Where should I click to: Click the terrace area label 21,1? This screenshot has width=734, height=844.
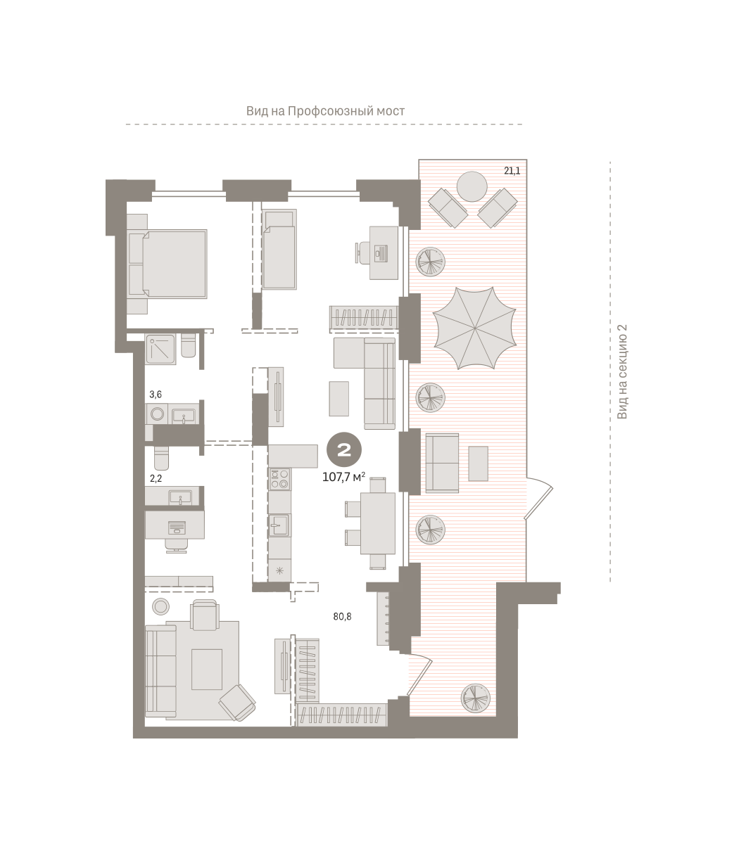(x=512, y=171)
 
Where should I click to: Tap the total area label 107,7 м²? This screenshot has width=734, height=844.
(x=343, y=478)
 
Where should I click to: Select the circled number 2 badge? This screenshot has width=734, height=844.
(x=344, y=449)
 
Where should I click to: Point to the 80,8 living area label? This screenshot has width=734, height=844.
(x=343, y=616)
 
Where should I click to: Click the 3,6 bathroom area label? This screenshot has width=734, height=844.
(x=156, y=395)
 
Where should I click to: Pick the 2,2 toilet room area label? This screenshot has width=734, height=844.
(x=156, y=478)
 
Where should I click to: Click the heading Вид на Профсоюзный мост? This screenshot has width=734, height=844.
(x=326, y=111)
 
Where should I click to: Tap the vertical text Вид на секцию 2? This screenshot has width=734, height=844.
(x=622, y=371)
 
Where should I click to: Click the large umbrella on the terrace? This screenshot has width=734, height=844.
(x=474, y=328)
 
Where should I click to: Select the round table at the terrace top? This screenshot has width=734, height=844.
(x=472, y=186)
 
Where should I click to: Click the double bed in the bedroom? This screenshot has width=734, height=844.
(x=167, y=264)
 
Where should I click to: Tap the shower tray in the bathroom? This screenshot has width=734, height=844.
(x=160, y=350)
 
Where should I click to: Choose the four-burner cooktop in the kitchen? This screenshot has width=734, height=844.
(x=280, y=479)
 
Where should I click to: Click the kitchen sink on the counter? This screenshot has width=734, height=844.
(x=280, y=525)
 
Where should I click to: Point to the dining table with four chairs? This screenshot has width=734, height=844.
(x=370, y=523)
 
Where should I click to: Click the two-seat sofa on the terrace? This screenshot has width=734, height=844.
(x=442, y=462)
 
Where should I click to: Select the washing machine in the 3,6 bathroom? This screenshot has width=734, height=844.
(x=157, y=414)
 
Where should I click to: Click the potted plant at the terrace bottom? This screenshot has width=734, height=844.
(x=475, y=697)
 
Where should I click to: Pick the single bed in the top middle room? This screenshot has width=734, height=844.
(x=279, y=250)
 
